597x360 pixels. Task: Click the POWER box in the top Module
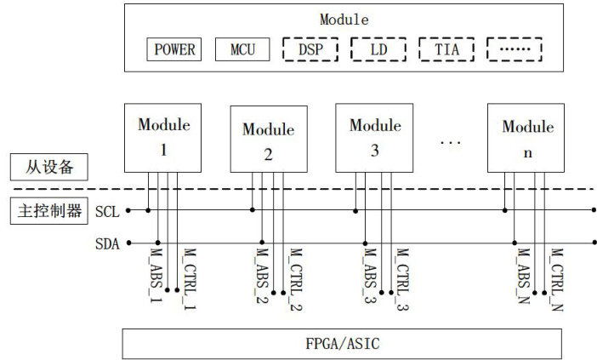(174, 49)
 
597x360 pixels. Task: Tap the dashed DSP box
(310, 49)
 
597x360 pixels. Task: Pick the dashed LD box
(378, 49)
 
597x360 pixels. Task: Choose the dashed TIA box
(446, 49)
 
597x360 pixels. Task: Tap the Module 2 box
(269, 141)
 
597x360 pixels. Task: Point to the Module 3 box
(375, 137)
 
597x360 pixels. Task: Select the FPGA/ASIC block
(342, 344)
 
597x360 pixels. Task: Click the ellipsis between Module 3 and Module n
(450, 141)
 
